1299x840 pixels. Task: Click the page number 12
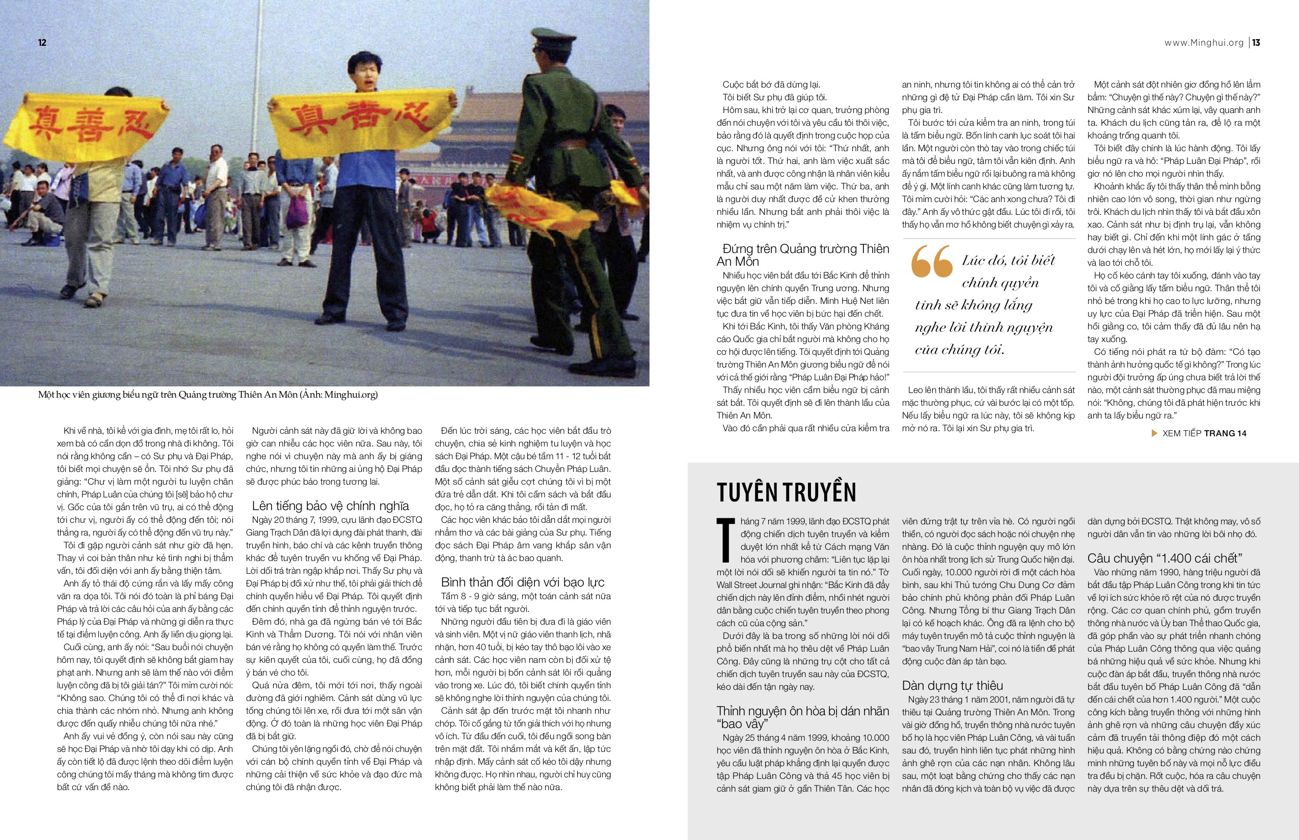(42, 43)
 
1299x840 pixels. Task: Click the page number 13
(1256, 43)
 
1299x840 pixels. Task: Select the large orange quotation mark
(931, 261)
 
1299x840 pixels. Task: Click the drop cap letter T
(725, 540)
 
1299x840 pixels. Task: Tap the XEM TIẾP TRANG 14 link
(1204, 433)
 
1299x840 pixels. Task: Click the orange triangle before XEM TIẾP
(1154, 433)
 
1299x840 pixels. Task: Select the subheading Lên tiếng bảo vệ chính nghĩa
(330, 506)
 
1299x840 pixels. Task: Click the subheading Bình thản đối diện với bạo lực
(522, 582)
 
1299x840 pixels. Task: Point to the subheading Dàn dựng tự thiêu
(953, 685)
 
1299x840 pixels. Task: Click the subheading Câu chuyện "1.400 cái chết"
(1164, 558)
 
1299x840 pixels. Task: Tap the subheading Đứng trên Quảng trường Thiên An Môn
(802, 255)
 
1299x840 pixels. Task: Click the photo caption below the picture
(207, 395)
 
